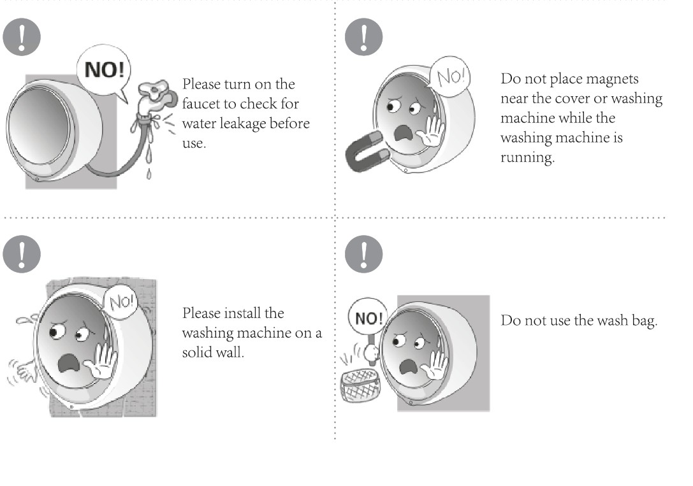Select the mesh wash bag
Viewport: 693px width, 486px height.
coord(360,385)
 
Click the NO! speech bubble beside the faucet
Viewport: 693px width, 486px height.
coord(105,71)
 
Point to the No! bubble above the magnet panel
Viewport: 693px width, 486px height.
coord(450,76)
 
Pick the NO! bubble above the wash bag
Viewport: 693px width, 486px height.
coord(368,318)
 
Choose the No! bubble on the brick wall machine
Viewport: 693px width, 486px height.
coord(120,302)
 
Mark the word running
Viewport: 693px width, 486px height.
coord(527,158)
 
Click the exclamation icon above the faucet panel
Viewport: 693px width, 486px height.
coord(22,37)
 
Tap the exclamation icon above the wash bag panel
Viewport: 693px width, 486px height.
coord(364,254)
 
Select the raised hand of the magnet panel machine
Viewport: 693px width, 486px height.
coord(431,131)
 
